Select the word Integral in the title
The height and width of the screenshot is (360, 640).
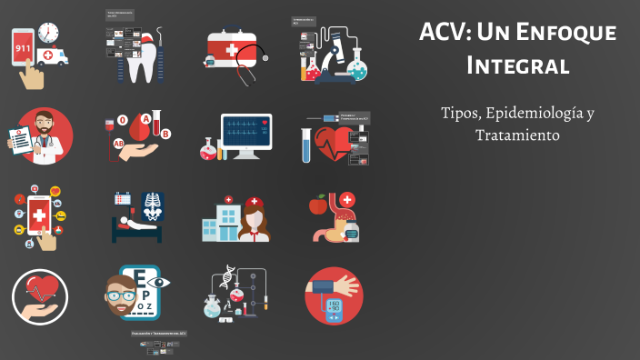(517, 65)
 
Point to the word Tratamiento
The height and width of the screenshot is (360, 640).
(517, 135)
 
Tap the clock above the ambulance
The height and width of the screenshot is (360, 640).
(48, 33)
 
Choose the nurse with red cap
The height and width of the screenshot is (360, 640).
(255, 219)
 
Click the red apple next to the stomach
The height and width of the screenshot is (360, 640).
(317, 205)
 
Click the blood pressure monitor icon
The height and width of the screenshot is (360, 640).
(333, 296)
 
